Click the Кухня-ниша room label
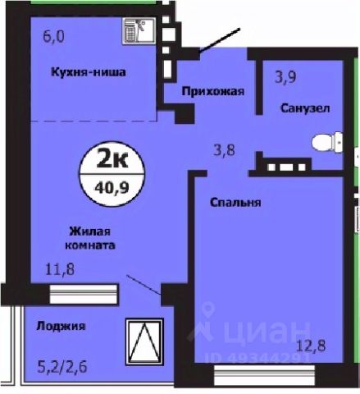[x=89, y=72]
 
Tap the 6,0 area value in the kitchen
[x=53, y=36]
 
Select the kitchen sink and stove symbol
[x=139, y=30]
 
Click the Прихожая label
[x=212, y=91]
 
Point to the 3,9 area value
[x=285, y=77]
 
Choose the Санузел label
[x=305, y=108]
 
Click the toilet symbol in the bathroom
[x=327, y=142]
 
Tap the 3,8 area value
[x=224, y=150]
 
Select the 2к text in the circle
[x=112, y=159]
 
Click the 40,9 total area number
[x=112, y=188]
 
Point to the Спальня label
[x=235, y=203]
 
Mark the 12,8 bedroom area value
[x=312, y=346]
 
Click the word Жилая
[x=90, y=231]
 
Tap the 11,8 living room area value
[x=60, y=269]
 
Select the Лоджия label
[x=61, y=326]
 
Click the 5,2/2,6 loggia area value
[x=62, y=367]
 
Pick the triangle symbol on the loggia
[x=144, y=341]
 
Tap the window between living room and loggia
[x=84, y=294]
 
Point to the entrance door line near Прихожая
[x=220, y=40]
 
